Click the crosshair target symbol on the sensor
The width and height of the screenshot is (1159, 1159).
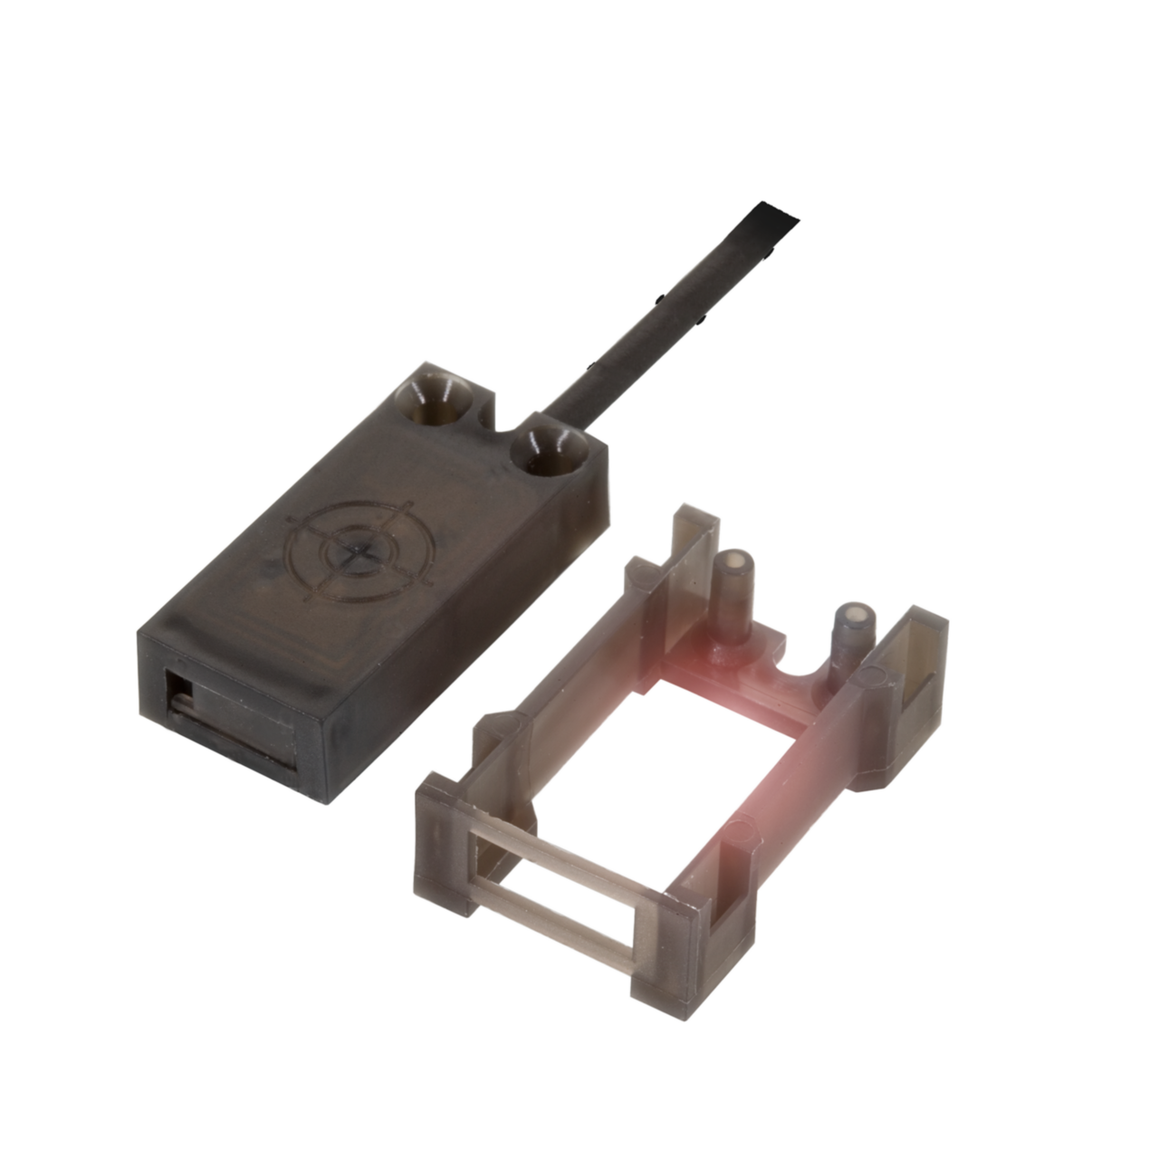pyautogui.click(x=359, y=551)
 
